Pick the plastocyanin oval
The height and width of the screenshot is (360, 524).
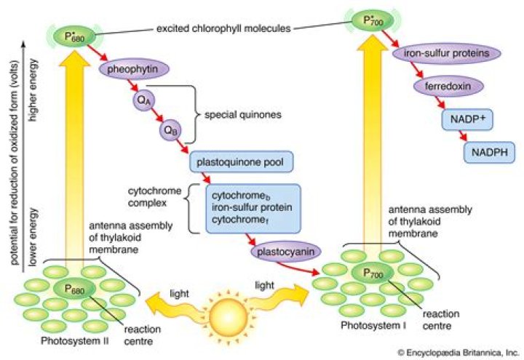[282, 252]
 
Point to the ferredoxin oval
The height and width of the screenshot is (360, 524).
[445, 87]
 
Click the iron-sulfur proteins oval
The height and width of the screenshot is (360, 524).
[446, 54]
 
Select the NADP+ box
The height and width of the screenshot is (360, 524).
[465, 119]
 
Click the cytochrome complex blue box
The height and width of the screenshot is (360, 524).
[250, 207]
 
